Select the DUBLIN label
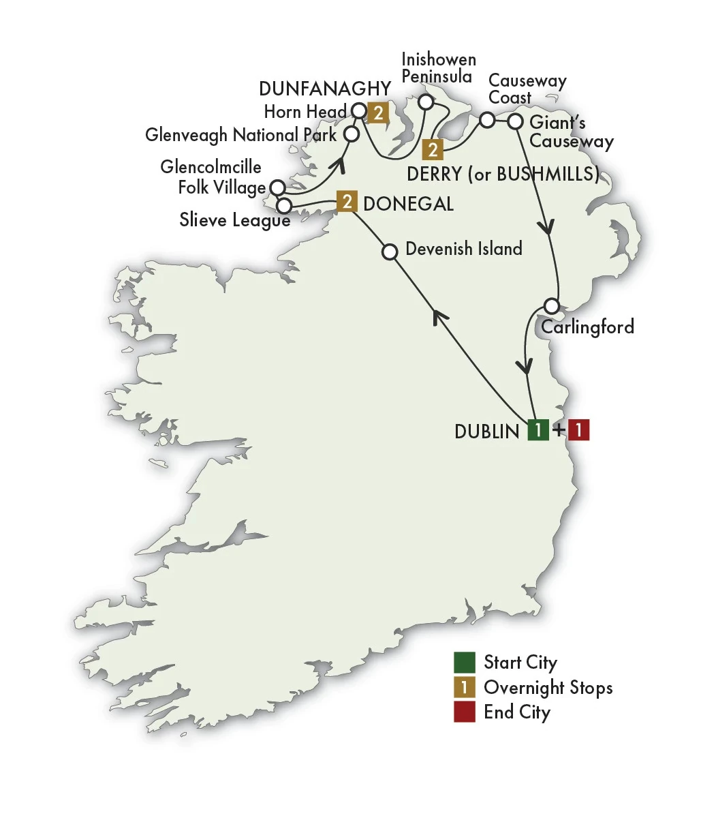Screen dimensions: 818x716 (486, 431)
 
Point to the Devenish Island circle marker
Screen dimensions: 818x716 (390, 252)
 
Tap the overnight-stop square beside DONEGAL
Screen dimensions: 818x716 (347, 201)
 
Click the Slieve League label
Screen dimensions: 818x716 (234, 219)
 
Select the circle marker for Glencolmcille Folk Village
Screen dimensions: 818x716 (277, 187)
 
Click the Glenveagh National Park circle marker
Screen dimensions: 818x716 (351, 133)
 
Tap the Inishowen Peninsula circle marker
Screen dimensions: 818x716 (426, 102)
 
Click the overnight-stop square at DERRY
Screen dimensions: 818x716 (432, 149)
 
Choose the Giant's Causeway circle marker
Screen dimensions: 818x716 (516, 121)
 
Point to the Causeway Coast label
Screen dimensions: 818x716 (527, 89)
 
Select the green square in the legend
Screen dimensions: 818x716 (465, 663)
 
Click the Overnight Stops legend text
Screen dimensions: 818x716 (548, 688)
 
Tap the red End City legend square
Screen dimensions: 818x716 (465, 712)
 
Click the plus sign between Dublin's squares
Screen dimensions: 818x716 (559, 430)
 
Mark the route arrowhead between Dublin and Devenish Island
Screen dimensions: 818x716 (442, 315)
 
